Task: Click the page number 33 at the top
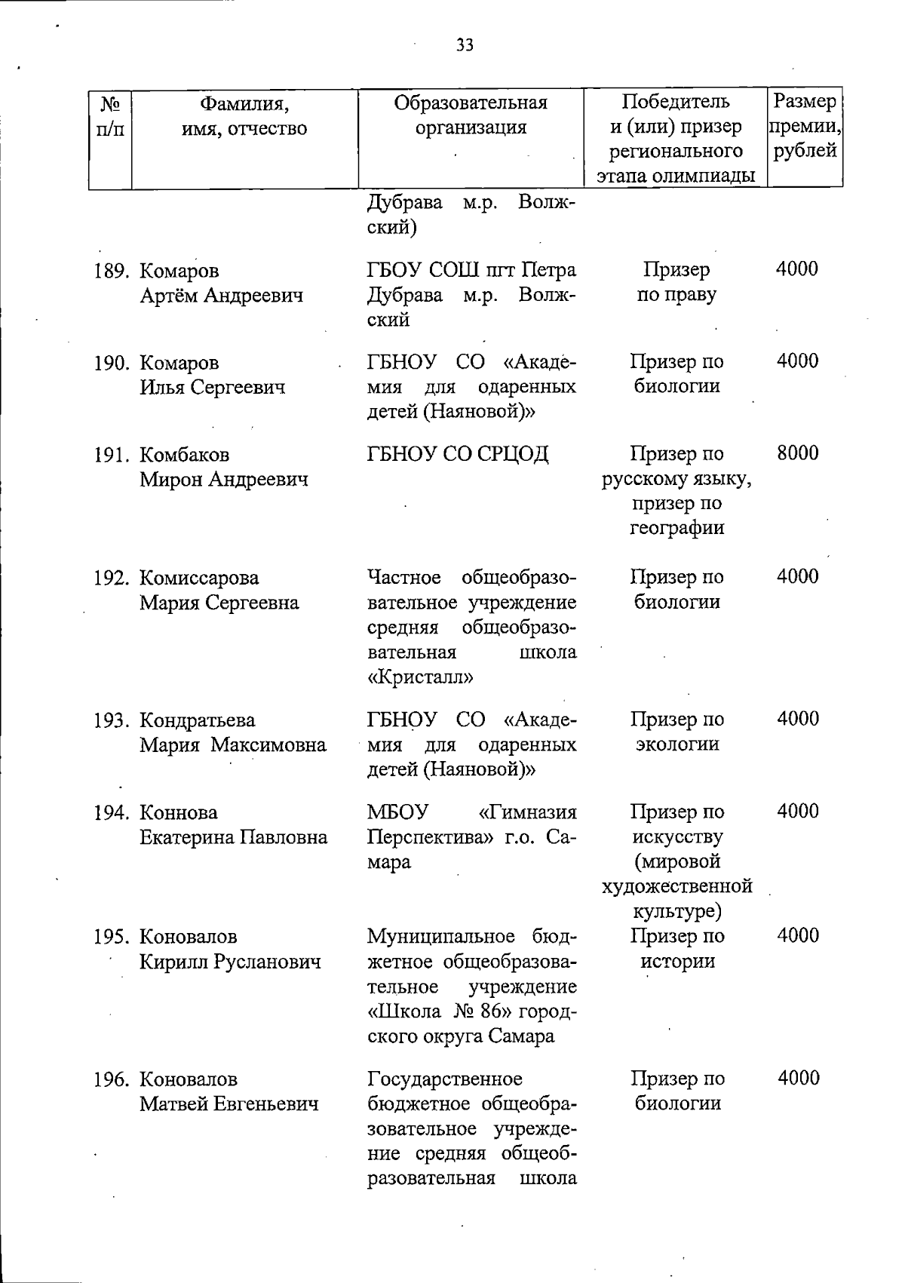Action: (x=465, y=46)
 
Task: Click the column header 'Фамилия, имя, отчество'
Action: (x=244, y=115)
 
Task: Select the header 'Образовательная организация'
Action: (x=471, y=115)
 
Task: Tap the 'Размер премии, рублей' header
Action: (x=805, y=126)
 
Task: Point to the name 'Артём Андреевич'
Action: (x=222, y=296)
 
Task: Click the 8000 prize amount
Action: (x=797, y=453)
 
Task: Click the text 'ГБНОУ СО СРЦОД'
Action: (x=458, y=454)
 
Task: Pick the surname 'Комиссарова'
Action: (x=199, y=579)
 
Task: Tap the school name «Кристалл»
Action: (x=420, y=677)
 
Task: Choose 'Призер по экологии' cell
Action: (x=676, y=732)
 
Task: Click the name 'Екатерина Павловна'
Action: (x=234, y=837)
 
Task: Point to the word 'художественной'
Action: (x=676, y=886)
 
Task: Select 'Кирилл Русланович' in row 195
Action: (x=230, y=962)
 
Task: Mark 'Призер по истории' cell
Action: (x=676, y=949)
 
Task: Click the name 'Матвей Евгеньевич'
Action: (x=229, y=1104)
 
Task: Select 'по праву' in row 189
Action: (x=676, y=295)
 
